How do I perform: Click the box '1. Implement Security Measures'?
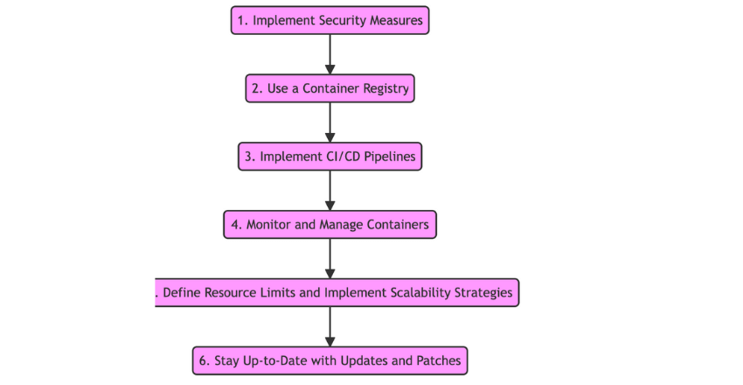pyautogui.click(x=330, y=20)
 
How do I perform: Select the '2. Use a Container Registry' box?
pyautogui.click(x=330, y=88)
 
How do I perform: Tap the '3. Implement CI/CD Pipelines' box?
pyautogui.click(x=330, y=157)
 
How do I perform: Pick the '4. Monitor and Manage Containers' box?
pyautogui.click(x=330, y=225)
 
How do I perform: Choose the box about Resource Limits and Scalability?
pyautogui.click(x=337, y=292)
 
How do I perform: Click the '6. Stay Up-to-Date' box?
pyautogui.click(x=330, y=360)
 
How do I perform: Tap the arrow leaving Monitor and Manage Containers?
pyautogui.click(x=330, y=258)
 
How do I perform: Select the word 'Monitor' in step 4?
pyautogui.click(x=268, y=225)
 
